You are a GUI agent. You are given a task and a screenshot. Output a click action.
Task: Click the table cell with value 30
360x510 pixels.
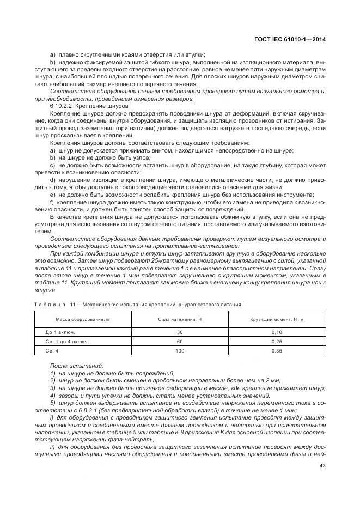(180, 332)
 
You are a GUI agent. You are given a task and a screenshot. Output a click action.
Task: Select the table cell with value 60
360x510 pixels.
(180, 341)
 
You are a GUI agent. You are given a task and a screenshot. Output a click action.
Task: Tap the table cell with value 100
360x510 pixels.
(180, 350)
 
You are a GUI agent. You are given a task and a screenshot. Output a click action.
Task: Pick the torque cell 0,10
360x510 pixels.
(277, 332)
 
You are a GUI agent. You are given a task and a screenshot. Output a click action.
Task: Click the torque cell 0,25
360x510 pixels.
(277, 341)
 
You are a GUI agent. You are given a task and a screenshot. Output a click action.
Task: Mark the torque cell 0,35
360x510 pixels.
(277, 350)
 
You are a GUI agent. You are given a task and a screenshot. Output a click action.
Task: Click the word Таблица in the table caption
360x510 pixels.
(50, 304)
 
